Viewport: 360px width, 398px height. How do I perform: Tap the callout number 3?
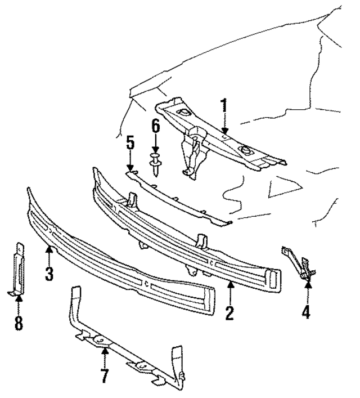tap(49, 274)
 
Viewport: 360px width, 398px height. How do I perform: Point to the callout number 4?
tap(307, 311)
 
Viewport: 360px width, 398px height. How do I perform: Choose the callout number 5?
tap(130, 144)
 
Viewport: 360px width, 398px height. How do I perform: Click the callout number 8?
tap(19, 324)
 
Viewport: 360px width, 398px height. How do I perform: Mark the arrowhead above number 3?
tap(49, 249)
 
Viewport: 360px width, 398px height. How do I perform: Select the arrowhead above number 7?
tap(105, 351)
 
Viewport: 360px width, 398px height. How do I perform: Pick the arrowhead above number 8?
tap(19, 298)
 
